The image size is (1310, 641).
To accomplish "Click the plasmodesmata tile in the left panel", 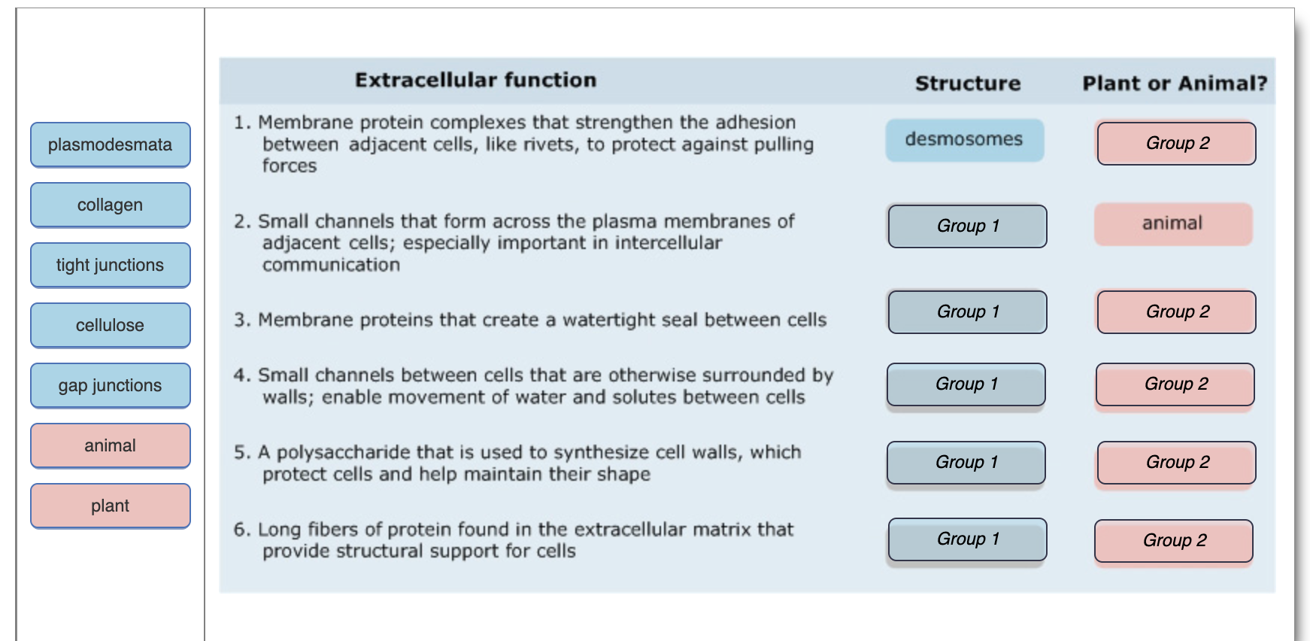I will pos(110,144).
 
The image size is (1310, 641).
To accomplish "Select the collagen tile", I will pos(110,205).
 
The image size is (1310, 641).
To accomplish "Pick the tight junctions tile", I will pos(110,265).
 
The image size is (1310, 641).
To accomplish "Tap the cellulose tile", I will pos(110,325).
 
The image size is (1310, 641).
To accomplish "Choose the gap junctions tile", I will pos(110,385).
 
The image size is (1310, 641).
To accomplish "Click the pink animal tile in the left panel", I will pos(110,445).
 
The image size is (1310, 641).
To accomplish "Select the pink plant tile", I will pos(110,506).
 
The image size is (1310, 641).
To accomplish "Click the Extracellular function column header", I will pos(475,80).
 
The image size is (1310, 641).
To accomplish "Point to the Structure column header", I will pos(967,83).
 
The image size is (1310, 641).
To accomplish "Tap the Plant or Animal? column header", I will pos(1175,83).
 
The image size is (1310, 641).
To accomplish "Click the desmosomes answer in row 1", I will pos(964,140).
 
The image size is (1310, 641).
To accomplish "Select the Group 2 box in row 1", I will pos(1177,143).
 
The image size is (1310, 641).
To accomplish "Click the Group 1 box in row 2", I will pos(967,226).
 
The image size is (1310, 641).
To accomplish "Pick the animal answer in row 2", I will pos(1172,223).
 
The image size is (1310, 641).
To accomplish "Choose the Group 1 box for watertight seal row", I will pos(967,311).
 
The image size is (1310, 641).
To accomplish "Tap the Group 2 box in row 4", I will pos(1175,384).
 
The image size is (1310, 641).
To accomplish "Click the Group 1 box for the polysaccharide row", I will pos(966,462).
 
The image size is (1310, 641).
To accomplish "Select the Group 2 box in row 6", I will pos(1174,540).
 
